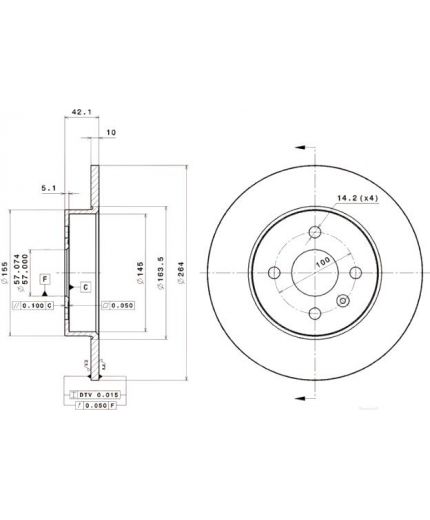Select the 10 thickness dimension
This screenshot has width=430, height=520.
pyautogui.click(x=110, y=131)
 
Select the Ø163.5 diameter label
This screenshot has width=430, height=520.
pyautogui.click(x=164, y=266)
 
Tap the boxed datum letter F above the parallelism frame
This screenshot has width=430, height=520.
pyautogui.click(x=44, y=276)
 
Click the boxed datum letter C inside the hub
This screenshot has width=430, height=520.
pyautogui.click(x=86, y=288)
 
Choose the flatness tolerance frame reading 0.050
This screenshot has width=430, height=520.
pyautogui.click(x=120, y=305)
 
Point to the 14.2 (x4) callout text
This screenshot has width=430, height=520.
pyautogui.click(x=357, y=199)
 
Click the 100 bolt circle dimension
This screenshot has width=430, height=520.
pyautogui.click(x=323, y=262)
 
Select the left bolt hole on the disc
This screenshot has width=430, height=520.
pyautogui.click(x=274, y=273)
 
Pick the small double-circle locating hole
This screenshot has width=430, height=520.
pyautogui.click(x=343, y=301)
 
